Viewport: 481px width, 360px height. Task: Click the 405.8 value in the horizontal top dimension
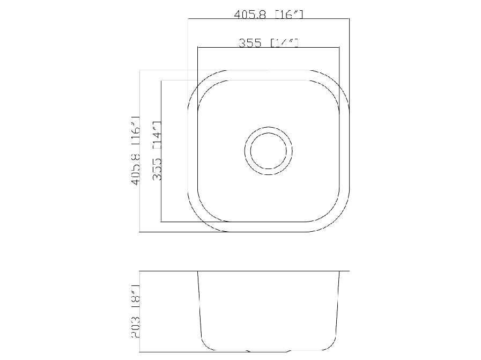(x=250, y=15)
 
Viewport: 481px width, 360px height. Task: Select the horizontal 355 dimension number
(x=250, y=43)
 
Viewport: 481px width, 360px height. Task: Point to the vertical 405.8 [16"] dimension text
(x=135, y=151)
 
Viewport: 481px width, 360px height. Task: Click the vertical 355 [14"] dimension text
(x=157, y=151)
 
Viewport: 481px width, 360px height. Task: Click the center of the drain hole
(x=269, y=151)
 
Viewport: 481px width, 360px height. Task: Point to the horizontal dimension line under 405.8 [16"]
(x=268, y=19)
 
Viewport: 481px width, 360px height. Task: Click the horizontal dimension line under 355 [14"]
(x=268, y=47)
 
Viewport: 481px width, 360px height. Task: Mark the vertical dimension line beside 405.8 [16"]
(x=139, y=188)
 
